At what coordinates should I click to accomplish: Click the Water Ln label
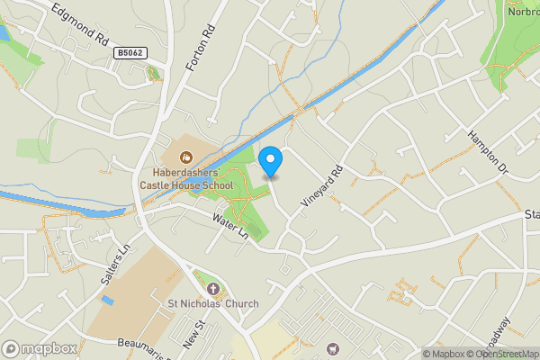coord(229,226)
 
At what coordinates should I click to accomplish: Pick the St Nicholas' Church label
coord(213,303)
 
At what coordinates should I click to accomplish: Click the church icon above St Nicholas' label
coord(213,288)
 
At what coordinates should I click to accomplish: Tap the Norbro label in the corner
coord(522,12)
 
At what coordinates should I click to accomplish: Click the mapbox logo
coord(40,348)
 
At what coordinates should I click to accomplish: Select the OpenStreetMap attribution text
coord(501,354)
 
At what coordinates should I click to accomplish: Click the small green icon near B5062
coord(153,73)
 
